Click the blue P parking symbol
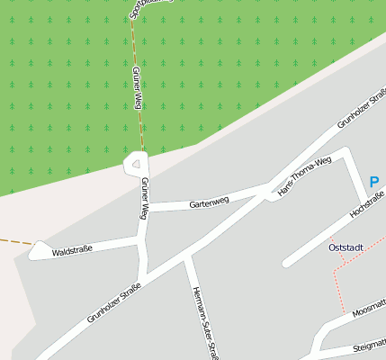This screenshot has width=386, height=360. coord(374,182)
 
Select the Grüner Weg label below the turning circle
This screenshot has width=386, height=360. coord(144,198)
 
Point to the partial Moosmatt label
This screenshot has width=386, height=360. coord(369,310)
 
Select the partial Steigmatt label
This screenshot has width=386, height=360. coord(369,346)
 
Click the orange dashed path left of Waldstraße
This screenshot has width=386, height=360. coord(13,241)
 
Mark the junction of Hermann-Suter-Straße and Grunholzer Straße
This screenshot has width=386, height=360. coord(186,257)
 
